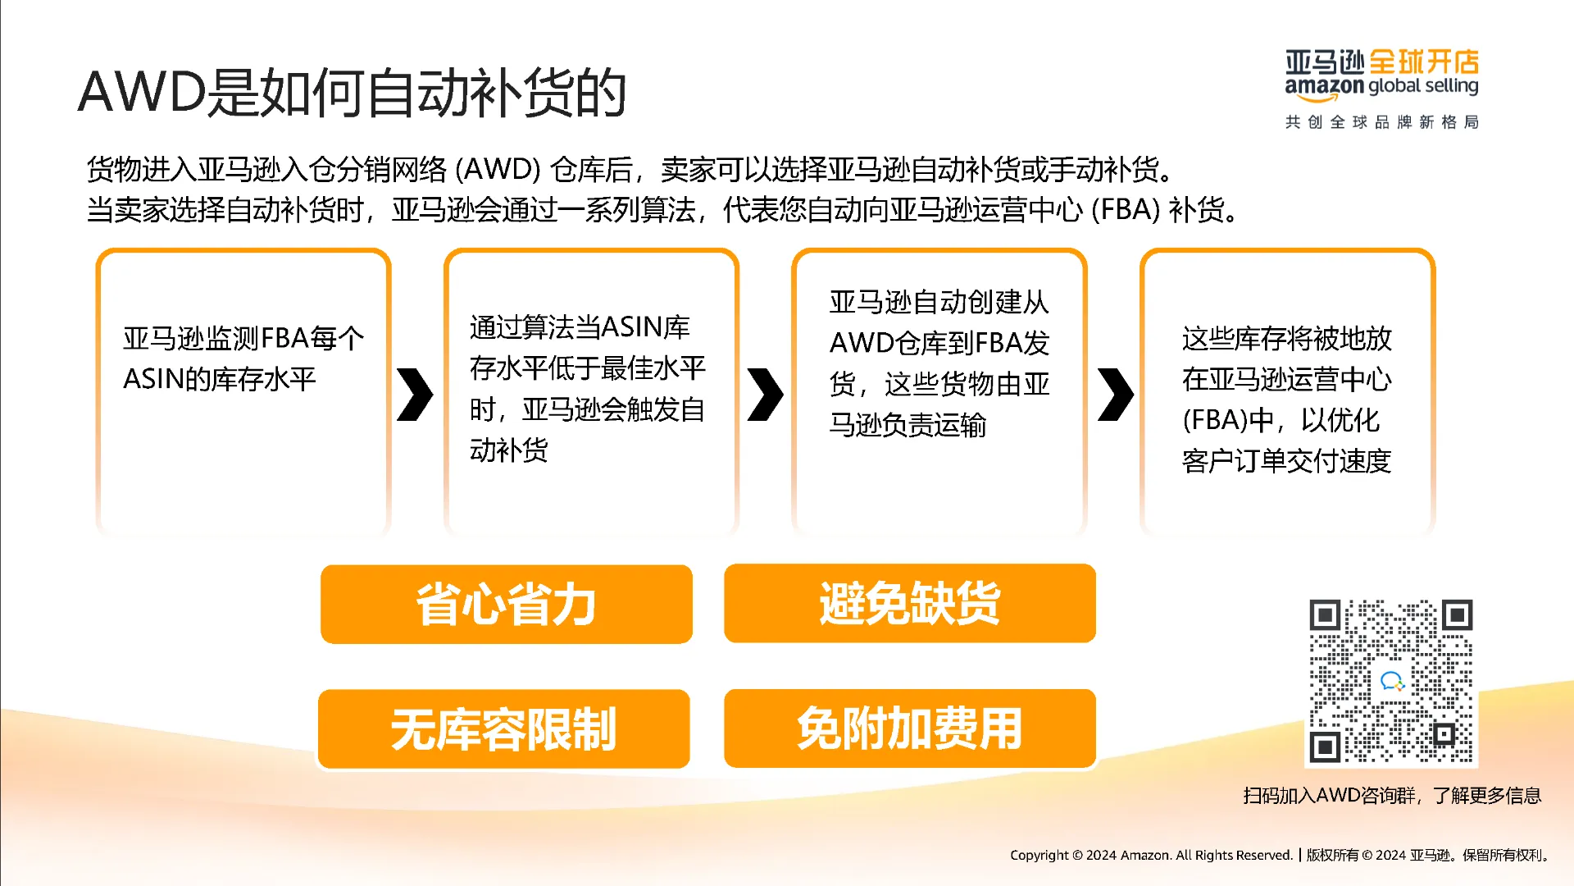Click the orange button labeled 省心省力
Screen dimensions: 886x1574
506,605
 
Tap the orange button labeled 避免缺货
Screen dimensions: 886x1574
909,603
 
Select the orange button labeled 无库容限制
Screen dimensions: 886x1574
503,729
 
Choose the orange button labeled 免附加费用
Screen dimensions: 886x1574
909,728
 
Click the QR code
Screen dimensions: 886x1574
1390,682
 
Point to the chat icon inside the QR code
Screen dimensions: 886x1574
1391,681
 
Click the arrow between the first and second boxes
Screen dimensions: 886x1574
415,395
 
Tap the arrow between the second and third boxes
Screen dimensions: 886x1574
765,395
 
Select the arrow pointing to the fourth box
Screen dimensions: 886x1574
1115,395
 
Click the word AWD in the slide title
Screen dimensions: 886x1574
141,92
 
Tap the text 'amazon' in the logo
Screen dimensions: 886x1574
1323,86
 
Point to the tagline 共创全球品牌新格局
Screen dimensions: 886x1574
1381,122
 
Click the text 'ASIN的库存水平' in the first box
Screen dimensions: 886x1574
219,379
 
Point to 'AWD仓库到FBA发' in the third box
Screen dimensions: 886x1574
939,343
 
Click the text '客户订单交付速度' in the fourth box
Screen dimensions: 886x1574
1286,461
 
